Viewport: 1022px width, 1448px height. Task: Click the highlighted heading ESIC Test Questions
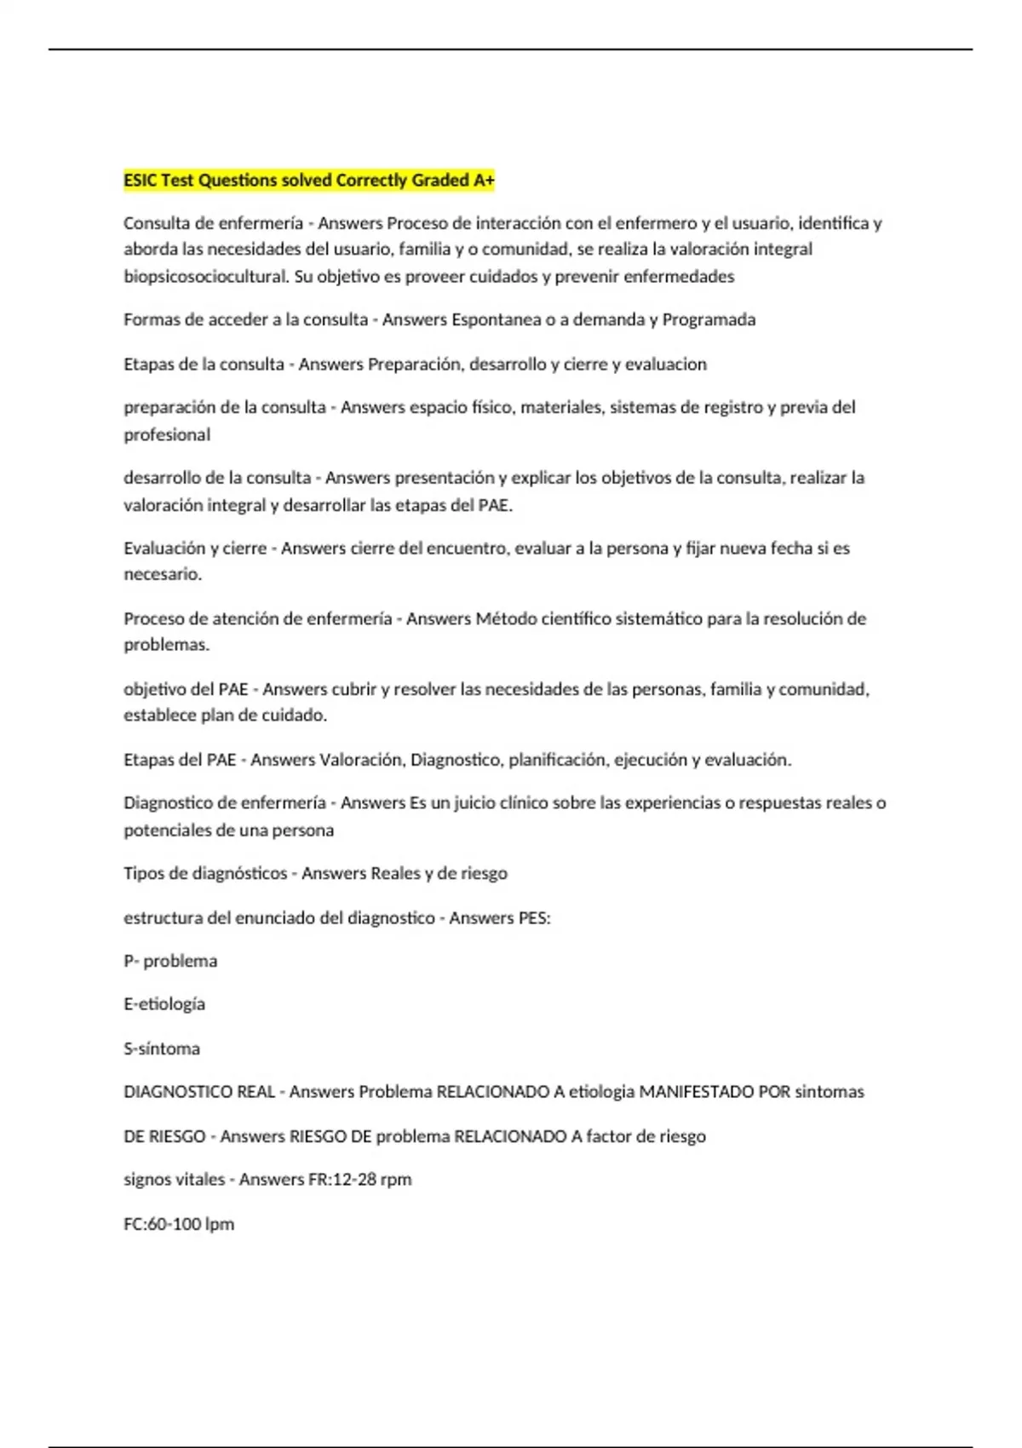click(x=308, y=181)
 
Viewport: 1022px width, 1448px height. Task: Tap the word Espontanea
click(x=496, y=320)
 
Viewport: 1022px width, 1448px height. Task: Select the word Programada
click(x=709, y=320)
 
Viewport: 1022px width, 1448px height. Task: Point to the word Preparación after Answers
click(x=415, y=365)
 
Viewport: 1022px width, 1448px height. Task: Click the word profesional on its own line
click(x=167, y=435)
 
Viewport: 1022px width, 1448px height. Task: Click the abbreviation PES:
click(x=534, y=918)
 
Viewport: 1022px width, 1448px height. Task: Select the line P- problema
click(x=170, y=962)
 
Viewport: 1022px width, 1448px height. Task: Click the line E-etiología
click(x=164, y=1005)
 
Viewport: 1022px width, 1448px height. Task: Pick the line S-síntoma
click(x=162, y=1049)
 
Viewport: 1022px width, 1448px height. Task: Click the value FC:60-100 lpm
click(x=179, y=1225)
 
